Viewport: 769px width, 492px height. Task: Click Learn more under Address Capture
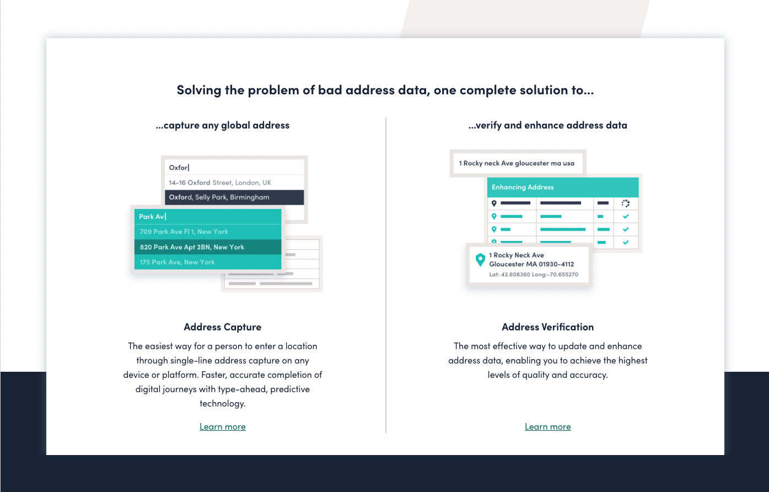coord(223,426)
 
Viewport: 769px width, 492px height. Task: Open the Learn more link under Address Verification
coord(547,426)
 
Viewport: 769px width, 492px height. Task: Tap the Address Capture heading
coord(223,327)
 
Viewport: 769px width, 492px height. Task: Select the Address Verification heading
coord(547,327)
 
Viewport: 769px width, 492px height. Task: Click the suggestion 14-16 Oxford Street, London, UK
coord(220,183)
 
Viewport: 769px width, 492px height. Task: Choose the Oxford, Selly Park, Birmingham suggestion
coord(219,197)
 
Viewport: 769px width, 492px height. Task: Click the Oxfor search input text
coord(179,167)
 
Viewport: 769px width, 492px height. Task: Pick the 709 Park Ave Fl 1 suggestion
coord(184,232)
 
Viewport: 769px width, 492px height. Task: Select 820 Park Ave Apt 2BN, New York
coord(192,247)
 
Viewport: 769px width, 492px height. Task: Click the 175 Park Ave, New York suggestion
coord(177,262)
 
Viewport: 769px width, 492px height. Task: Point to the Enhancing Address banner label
coord(523,187)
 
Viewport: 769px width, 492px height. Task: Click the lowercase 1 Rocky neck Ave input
coord(517,163)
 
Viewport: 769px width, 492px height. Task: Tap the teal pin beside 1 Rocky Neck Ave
coord(480,260)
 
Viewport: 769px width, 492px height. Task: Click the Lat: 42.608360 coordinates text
coord(534,275)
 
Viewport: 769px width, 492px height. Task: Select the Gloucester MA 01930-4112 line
coord(531,264)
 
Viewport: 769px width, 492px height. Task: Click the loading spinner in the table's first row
coord(626,204)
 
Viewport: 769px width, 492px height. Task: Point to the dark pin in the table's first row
coord(494,203)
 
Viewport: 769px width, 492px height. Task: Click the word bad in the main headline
coord(330,90)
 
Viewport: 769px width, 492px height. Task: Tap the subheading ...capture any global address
coord(223,125)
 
